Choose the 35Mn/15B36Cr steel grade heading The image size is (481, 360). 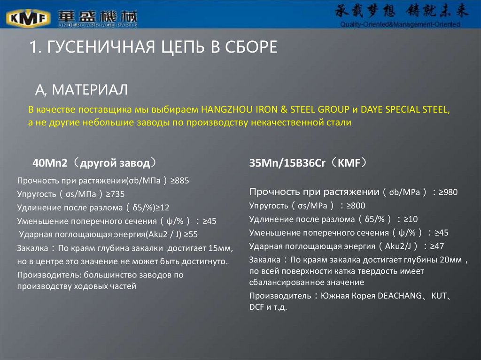tap(289, 163)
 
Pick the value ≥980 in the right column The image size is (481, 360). tap(448, 192)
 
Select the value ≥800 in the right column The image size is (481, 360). tap(356, 206)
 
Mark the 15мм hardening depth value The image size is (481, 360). tap(220, 247)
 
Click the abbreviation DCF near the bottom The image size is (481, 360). tap(257, 308)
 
